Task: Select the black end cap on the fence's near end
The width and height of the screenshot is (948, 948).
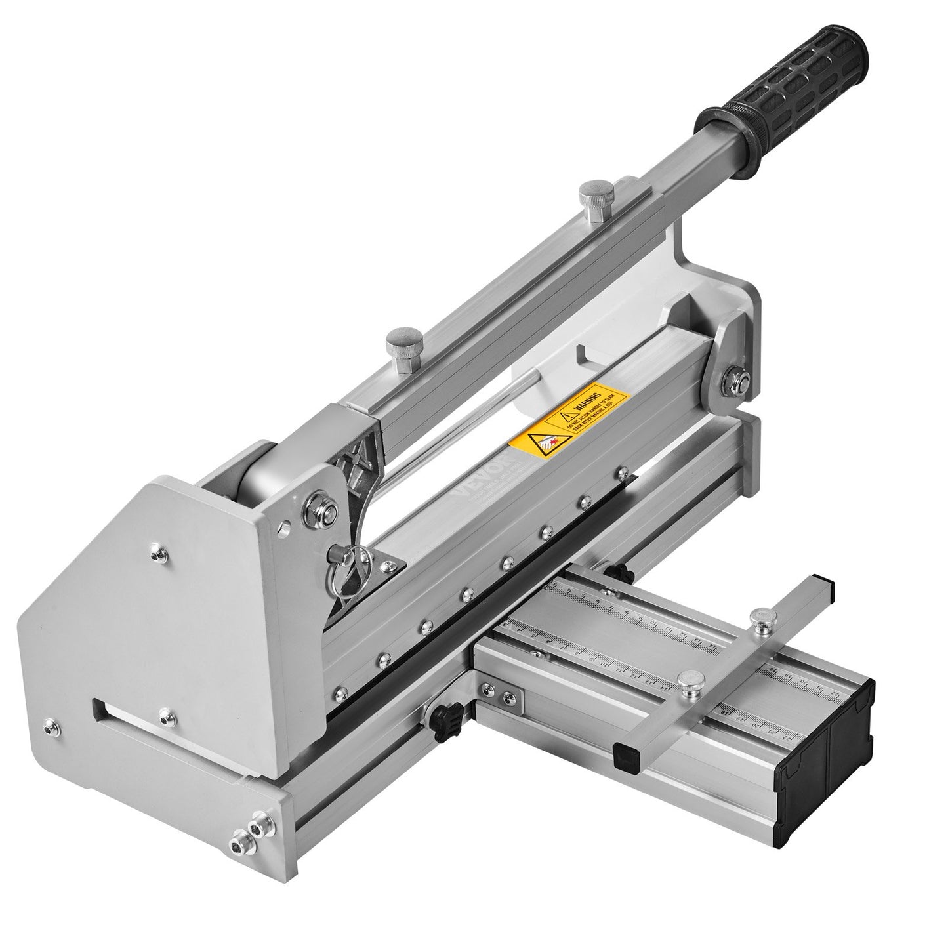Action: pos(624,754)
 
